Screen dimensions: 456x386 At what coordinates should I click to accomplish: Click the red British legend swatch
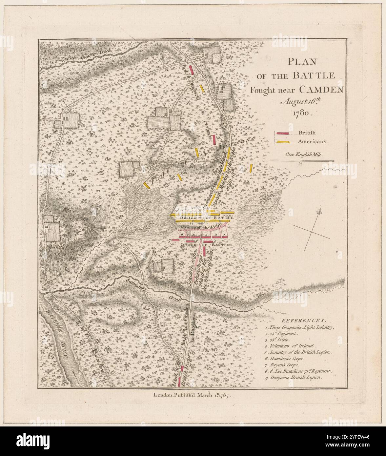[282, 133]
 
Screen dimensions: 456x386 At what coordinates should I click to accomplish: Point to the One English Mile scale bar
[302, 161]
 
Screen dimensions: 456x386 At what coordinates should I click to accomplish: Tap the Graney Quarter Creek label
[86, 55]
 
